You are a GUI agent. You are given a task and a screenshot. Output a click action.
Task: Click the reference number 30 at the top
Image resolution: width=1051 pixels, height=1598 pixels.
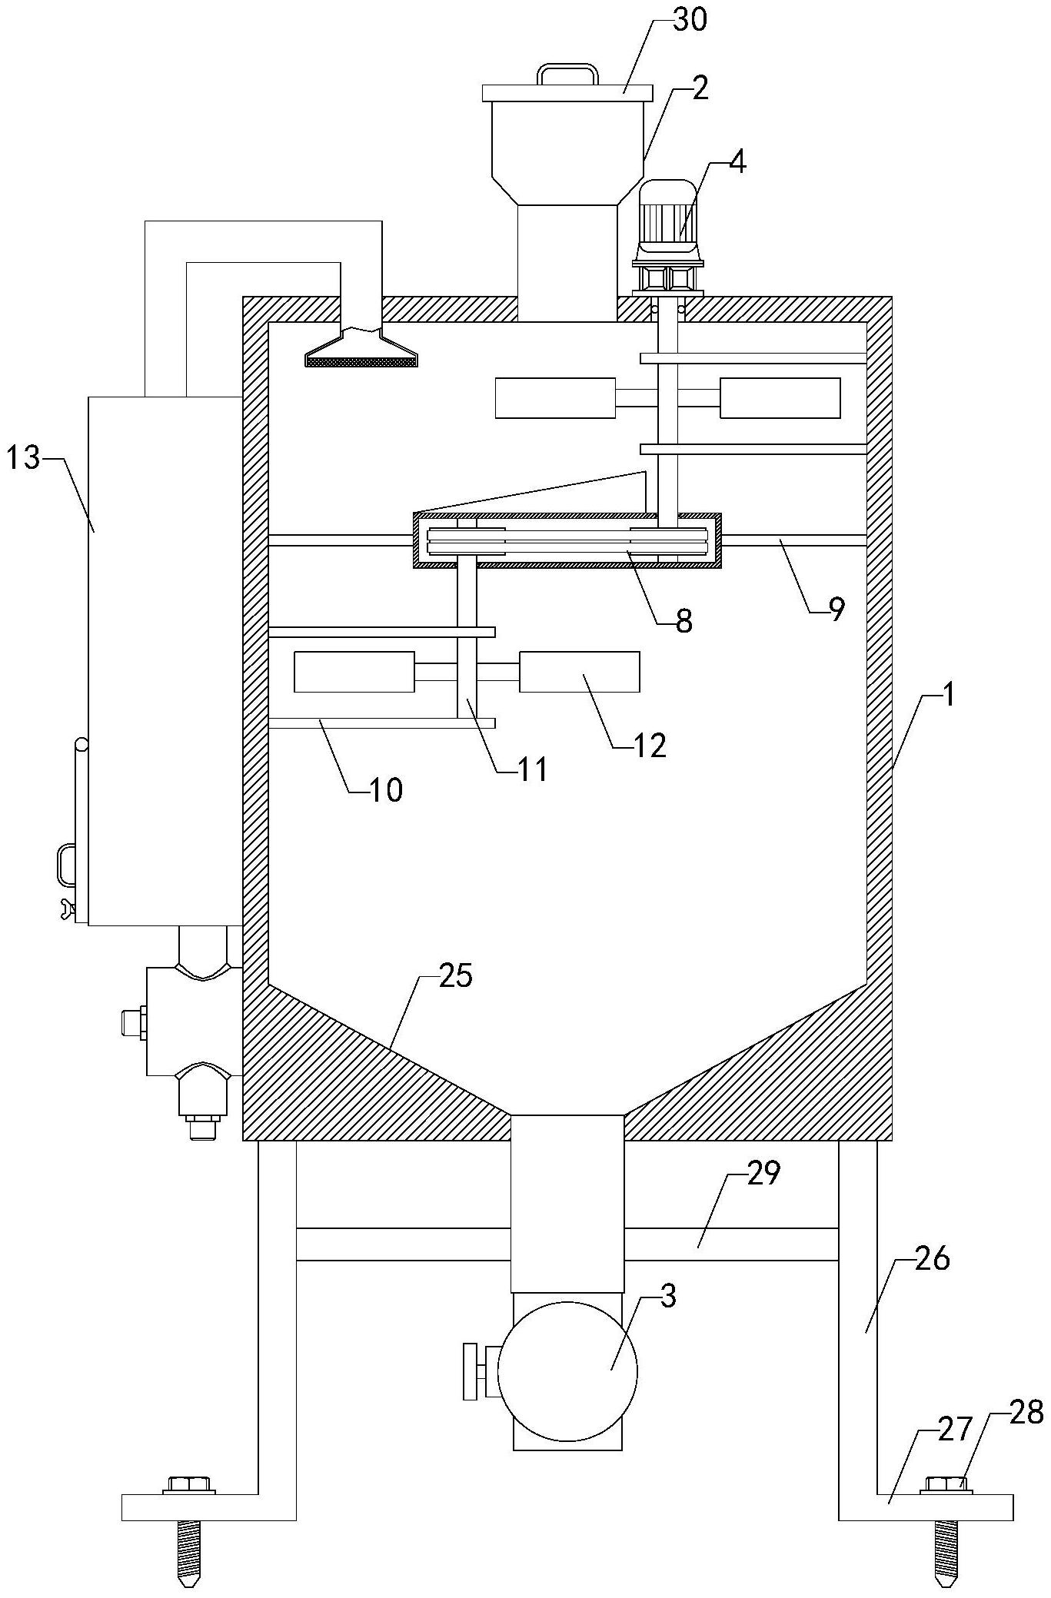[x=690, y=22]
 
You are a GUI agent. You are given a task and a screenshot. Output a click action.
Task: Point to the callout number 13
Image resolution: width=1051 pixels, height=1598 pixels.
[x=23, y=459]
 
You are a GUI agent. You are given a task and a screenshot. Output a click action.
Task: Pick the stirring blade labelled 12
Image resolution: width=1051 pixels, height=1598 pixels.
[x=580, y=672]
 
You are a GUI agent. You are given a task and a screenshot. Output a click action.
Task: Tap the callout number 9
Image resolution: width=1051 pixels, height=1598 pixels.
[x=836, y=609]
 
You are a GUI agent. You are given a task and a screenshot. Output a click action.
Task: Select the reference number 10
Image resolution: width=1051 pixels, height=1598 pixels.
[x=386, y=789]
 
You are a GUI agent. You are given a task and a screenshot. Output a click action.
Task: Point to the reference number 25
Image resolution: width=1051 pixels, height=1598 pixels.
[x=455, y=976]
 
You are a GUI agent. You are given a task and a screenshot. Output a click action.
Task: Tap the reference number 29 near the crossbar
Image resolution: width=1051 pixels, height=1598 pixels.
[x=763, y=1174]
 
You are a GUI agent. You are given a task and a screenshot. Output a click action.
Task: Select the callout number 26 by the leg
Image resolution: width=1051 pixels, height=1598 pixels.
[x=933, y=1259]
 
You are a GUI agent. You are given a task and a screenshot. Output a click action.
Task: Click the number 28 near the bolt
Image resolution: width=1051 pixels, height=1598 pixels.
[x=1026, y=1412]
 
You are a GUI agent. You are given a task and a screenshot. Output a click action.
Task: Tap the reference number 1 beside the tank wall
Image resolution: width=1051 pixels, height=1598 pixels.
[x=949, y=696]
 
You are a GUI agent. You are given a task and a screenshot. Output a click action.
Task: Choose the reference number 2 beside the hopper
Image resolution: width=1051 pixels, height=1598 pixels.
[x=699, y=89]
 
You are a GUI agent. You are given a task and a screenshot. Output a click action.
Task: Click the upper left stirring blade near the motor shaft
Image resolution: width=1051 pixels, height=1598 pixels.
[x=555, y=398]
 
